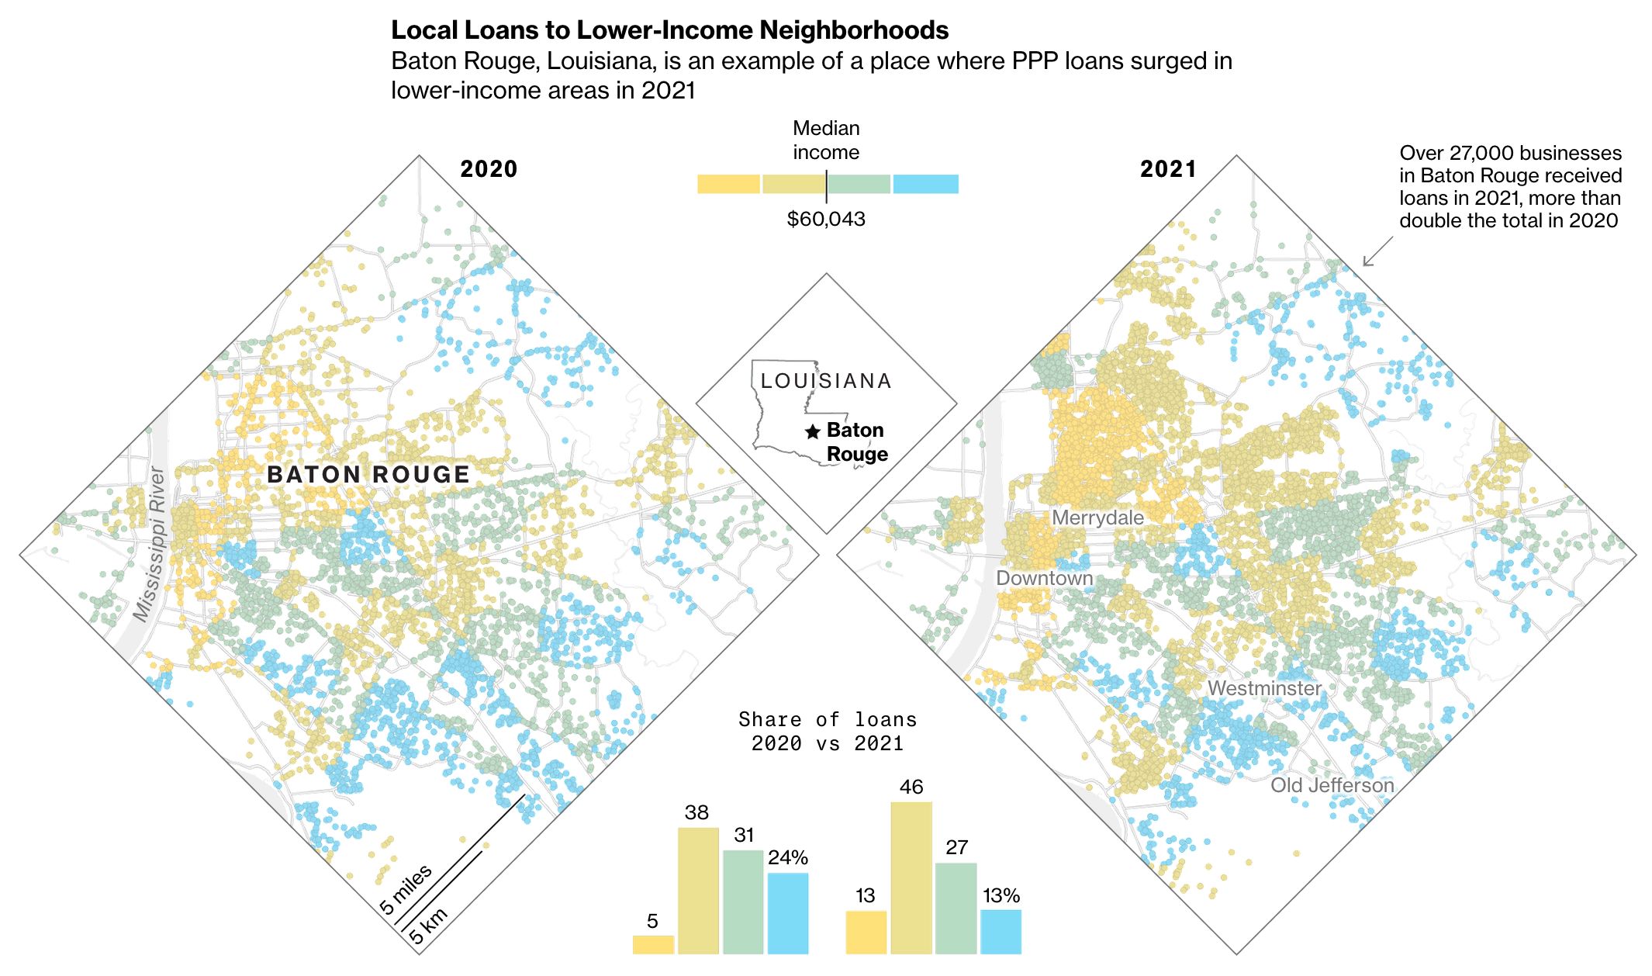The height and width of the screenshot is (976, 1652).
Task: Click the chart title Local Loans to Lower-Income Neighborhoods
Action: [669, 30]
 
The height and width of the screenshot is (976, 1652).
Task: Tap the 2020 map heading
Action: [488, 169]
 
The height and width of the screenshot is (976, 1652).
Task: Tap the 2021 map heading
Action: [1168, 169]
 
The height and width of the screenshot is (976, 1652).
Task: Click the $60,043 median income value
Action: [826, 219]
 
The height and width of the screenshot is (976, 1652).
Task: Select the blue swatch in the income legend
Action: [925, 184]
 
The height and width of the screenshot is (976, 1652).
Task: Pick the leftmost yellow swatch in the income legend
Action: [728, 184]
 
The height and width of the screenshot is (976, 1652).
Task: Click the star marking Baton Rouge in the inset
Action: [812, 431]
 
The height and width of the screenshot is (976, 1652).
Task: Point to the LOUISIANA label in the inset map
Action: [826, 381]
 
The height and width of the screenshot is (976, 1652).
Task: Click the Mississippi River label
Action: [149, 544]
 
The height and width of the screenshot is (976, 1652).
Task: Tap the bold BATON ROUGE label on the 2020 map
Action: [368, 475]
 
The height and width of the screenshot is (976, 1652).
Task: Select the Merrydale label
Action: [1097, 517]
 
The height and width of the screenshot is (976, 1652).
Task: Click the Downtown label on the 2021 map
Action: [1044, 578]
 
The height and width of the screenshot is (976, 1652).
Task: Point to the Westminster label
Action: [1264, 688]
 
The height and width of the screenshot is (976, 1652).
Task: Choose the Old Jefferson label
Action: [1332, 785]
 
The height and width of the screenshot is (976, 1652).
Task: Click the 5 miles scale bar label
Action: [406, 889]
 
